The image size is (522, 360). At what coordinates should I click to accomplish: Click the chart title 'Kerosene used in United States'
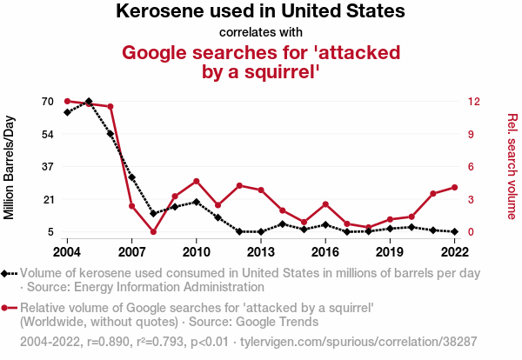(x=260, y=12)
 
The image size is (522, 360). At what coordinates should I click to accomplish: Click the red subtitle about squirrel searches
(x=261, y=62)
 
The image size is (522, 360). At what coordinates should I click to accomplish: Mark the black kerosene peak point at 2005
(x=89, y=102)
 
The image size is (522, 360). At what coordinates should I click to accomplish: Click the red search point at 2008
(x=153, y=231)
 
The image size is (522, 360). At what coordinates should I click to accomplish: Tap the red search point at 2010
(x=197, y=181)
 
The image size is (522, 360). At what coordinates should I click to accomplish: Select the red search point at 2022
(x=454, y=187)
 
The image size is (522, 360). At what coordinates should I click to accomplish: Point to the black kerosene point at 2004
(x=67, y=112)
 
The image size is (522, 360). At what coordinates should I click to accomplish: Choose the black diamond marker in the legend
(x=10, y=273)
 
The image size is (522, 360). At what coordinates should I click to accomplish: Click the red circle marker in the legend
(x=10, y=308)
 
